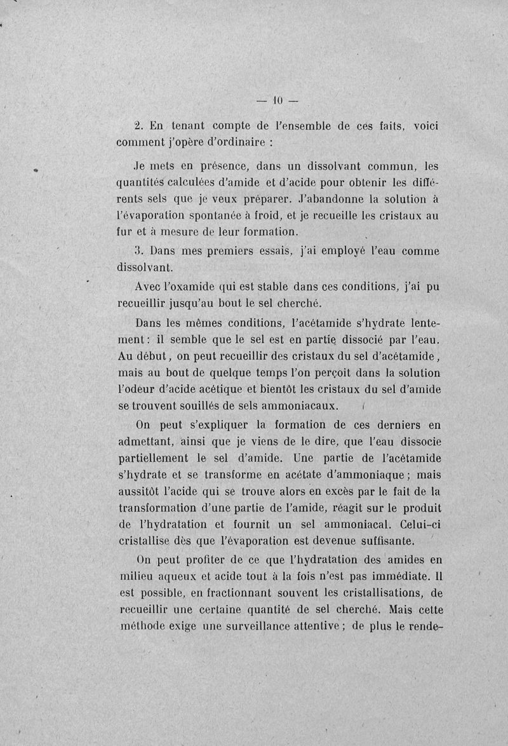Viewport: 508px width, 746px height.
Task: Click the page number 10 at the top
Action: tap(277, 100)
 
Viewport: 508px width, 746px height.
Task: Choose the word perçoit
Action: tap(300, 372)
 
